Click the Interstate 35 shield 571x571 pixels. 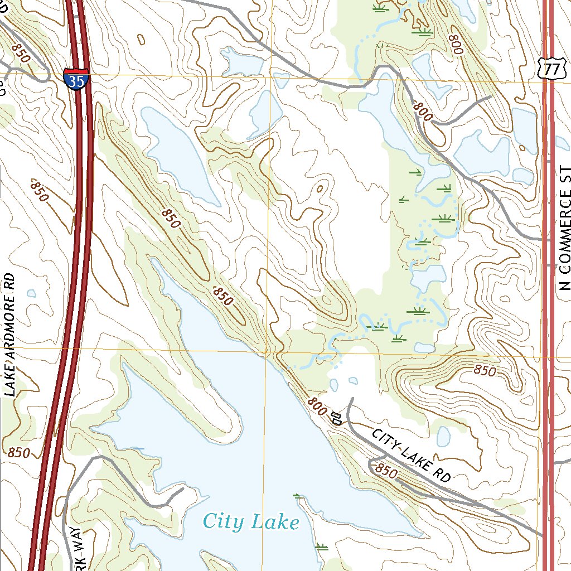pyautogui.click(x=75, y=79)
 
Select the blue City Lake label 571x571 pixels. pyautogui.click(x=251, y=522)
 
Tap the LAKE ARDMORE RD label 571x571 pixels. pyautogui.click(x=10, y=335)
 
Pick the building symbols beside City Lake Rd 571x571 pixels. pyautogui.click(x=336, y=418)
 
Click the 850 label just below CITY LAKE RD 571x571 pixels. pyautogui.click(x=386, y=472)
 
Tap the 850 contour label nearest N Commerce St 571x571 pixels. pyautogui.click(x=484, y=370)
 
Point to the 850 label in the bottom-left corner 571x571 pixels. pyautogui.click(x=19, y=453)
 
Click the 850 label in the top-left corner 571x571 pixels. pyautogui.click(x=20, y=52)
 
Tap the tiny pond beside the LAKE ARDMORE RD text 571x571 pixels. pyautogui.click(x=31, y=293)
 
